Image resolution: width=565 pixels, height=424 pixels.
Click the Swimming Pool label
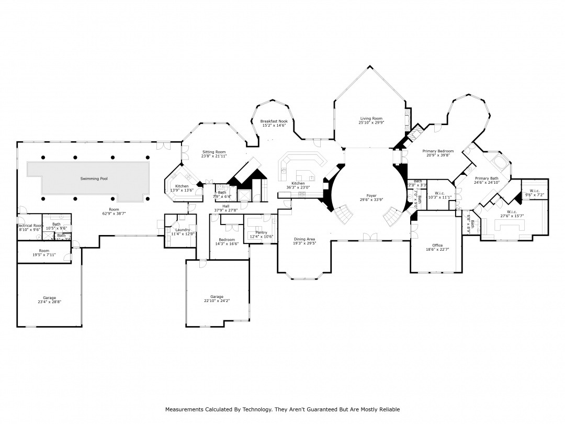coord(94,178)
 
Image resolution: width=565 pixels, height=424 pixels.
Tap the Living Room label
coord(371,119)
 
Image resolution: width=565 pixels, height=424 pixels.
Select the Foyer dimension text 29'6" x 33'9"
coord(371,199)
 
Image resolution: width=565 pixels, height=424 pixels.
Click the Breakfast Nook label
coord(274,121)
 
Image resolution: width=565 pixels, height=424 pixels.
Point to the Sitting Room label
coord(213,152)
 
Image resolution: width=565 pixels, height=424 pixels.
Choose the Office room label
coord(437,246)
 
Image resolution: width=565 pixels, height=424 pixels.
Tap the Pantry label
coord(261,232)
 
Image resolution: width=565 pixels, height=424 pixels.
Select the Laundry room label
coord(183,230)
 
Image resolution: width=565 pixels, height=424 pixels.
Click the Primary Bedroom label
coord(438,151)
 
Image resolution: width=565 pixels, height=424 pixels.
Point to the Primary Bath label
coord(487,178)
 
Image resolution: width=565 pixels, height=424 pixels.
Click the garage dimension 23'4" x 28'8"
coord(49,302)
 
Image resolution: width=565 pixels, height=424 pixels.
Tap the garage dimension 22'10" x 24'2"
coord(217,301)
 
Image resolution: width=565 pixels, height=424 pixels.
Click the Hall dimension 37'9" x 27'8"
coord(225,210)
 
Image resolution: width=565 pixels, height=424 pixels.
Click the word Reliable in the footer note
coord(389,409)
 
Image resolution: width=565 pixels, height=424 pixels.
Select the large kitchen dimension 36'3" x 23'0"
coord(298,187)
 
